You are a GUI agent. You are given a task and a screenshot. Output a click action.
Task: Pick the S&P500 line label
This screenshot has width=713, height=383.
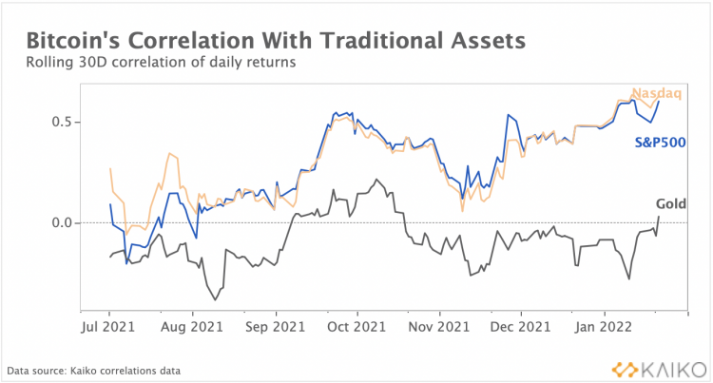[x=660, y=143]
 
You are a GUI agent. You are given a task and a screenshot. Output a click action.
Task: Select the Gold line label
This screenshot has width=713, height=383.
[x=671, y=203]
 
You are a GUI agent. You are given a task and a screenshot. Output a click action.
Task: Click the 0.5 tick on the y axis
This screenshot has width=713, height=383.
[x=60, y=122]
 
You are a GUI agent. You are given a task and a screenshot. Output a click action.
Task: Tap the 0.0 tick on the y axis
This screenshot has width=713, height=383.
[x=60, y=222]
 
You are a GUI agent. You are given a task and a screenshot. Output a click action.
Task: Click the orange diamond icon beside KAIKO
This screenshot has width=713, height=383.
[x=623, y=368]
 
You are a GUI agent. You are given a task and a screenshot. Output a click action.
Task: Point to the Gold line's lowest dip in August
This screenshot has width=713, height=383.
[x=215, y=300]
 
